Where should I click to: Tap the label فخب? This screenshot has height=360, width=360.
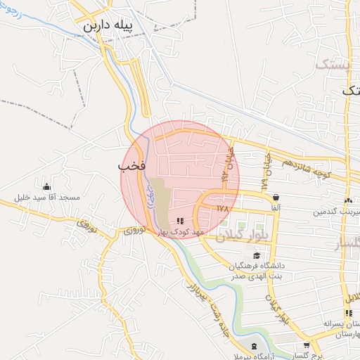[x=131, y=167]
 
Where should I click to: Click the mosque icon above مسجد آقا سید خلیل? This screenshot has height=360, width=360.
[x=46, y=187]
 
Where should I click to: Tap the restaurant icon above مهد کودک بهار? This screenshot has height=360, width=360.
[x=180, y=221]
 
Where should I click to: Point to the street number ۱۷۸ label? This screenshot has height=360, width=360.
[x=223, y=208]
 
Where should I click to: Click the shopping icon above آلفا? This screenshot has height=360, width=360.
[x=275, y=198]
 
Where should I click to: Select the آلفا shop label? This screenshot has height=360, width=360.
[x=274, y=208]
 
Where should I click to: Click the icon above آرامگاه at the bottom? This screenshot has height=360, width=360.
[x=253, y=346]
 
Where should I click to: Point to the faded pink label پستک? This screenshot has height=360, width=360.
[x=332, y=65]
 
